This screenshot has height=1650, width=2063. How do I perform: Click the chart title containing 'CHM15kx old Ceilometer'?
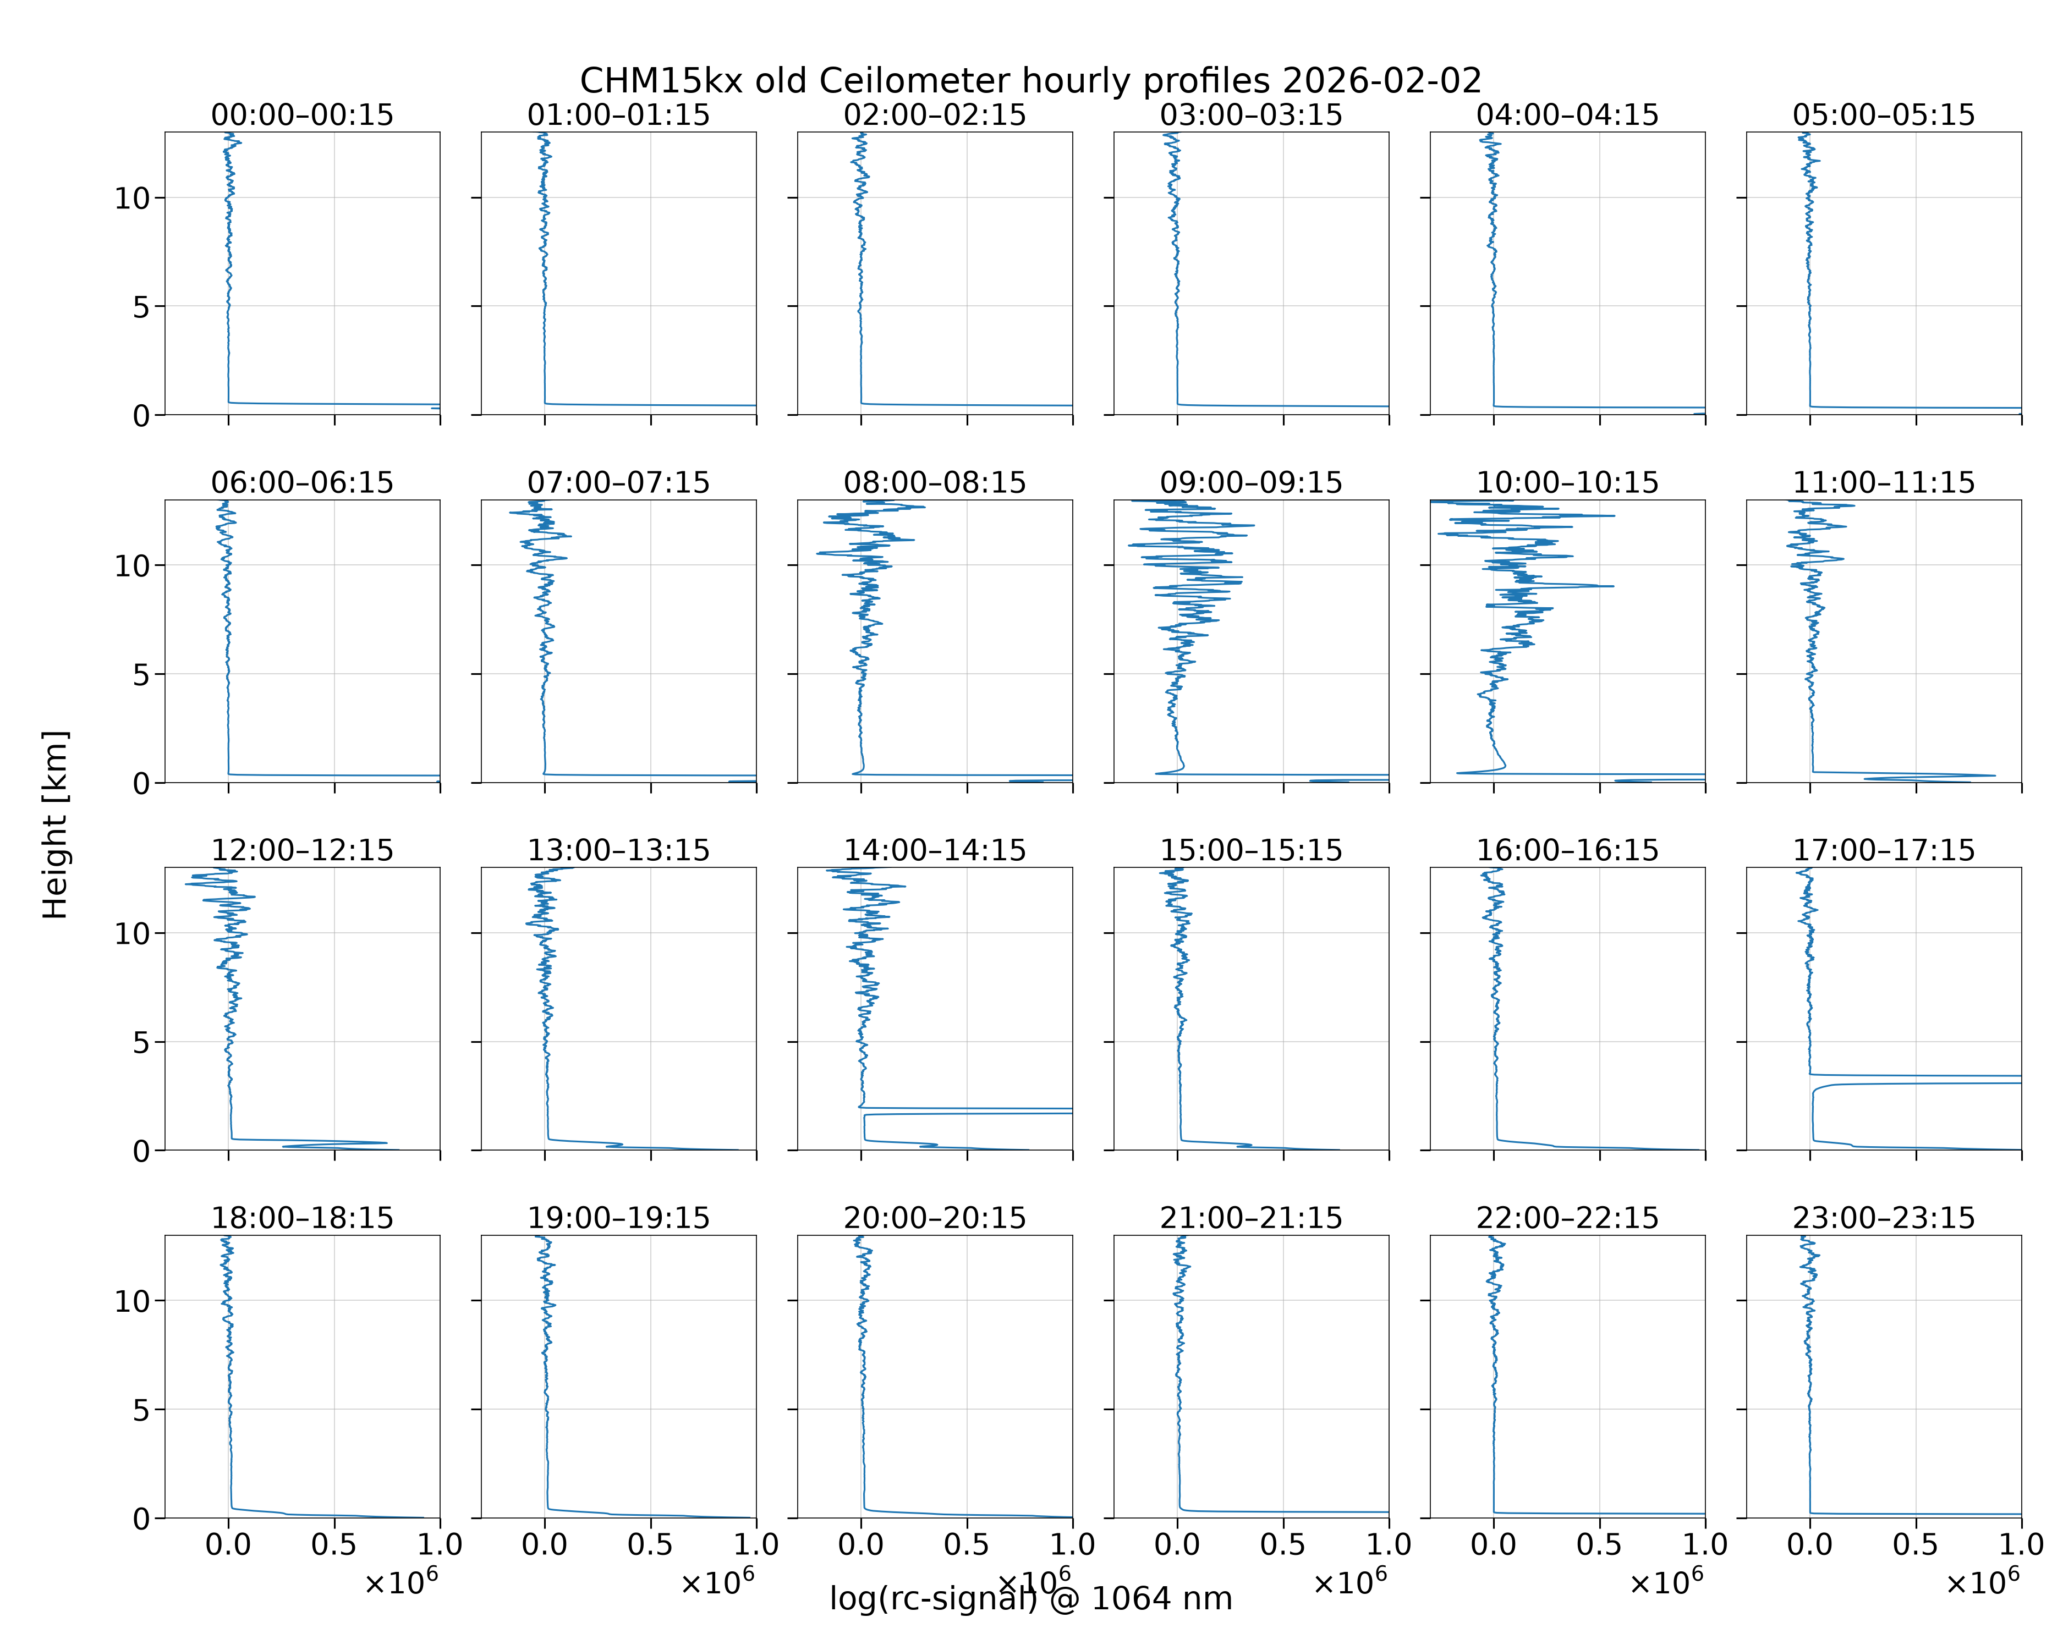[x=1030, y=80]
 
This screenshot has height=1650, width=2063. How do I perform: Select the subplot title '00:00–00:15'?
[x=303, y=115]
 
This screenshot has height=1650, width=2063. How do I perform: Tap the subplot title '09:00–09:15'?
[x=1252, y=482]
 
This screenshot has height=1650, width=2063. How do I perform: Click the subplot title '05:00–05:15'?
[x=1884, y=115]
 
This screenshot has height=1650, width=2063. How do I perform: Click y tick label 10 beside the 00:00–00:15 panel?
[x=132, y=199]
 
